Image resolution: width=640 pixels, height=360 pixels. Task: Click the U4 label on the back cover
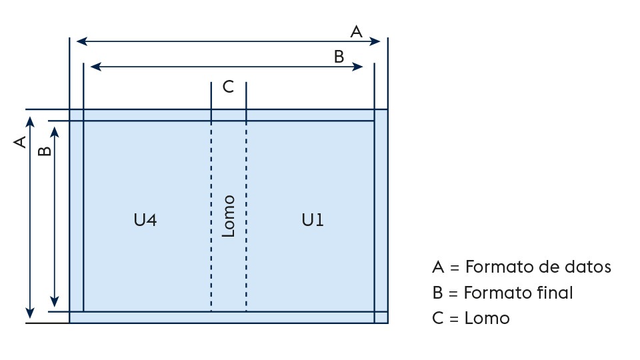coord(145,220)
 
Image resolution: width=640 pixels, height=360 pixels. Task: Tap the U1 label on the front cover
coord(313,220)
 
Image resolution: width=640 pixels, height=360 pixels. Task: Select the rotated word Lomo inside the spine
coord(229,216)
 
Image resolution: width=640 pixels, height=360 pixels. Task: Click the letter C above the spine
coord(228,87)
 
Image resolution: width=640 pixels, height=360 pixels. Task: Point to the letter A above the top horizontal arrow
coord(357,31)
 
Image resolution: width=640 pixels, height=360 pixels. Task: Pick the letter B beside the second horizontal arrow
coord(339,57)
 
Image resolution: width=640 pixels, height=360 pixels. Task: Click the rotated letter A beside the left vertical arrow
coord(19,141)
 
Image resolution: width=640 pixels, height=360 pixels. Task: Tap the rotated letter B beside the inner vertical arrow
coord(44,151)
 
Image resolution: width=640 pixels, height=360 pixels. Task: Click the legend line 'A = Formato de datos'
coord(521,267)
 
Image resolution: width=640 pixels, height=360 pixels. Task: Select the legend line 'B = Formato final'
coord(502,293)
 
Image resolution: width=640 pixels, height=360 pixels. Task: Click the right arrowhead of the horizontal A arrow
coord(376,41)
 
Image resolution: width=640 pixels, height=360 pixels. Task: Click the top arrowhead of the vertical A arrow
coord(29,121)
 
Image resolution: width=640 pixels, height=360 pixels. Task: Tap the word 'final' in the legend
coord(555,293)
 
